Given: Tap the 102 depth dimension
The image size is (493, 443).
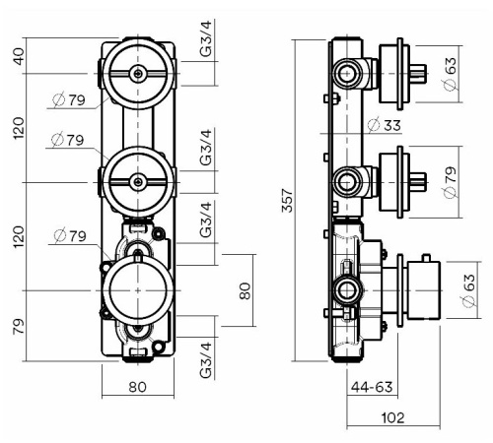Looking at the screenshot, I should tap(393, 416).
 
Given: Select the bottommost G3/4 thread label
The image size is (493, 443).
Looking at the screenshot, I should tap(204, 359).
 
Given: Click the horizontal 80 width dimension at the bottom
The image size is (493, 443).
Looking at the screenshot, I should tap(137, 387).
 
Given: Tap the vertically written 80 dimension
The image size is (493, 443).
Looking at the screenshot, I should tap(245, 290).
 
